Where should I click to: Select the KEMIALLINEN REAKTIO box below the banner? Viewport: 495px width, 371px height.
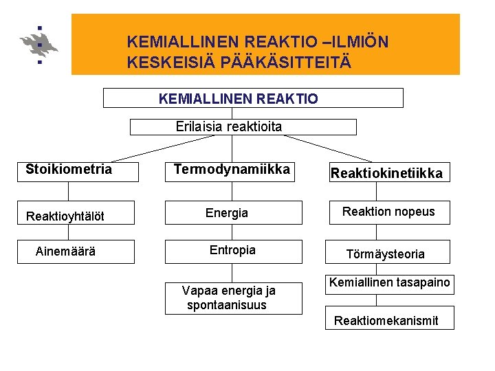[x=252, y=98]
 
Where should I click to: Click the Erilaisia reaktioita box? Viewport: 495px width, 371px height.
[x=243, y=127]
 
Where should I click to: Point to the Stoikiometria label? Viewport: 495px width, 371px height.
[x=69, y=169]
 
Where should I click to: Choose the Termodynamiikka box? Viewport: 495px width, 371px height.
[x=232, y=170]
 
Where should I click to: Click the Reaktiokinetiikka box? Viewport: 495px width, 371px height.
[x=386, y=173]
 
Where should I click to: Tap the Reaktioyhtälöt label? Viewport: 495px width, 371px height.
[x=65, y=216]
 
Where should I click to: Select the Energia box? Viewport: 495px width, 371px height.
[x=232, y=213]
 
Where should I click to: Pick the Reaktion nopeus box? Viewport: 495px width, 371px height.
[x=388, y=212]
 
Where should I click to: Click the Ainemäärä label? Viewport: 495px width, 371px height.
[x=65, y=251]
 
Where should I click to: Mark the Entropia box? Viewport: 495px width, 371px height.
[x=232, y=251]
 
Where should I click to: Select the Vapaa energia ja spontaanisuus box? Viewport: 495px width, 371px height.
[x=232, y=297]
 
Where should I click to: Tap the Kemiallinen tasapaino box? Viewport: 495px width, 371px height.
[x=389, y=283]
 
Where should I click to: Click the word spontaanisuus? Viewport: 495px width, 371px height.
[x=226, y=305]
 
